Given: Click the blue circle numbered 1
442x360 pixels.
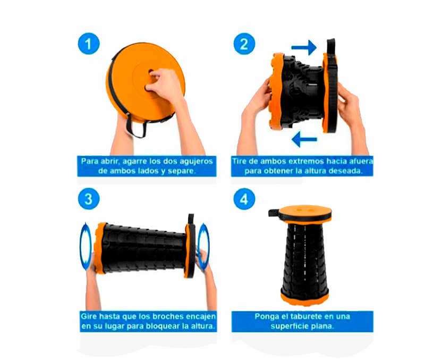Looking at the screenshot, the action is [x=89, y=44].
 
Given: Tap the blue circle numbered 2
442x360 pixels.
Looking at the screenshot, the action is [x=244, y=44].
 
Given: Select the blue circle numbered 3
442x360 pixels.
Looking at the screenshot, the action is [x=89, y=199].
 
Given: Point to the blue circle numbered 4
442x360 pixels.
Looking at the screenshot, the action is [x=244, y=199].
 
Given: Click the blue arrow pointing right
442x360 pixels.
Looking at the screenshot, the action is [x=304, y=47].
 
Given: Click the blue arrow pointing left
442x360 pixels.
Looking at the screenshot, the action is [x=304, y=139].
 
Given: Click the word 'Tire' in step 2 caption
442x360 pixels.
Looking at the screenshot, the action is [x=239, y=161].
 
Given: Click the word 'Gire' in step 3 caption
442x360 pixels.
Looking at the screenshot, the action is [x=88, y=316].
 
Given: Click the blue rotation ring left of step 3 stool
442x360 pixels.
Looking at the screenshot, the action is [x=86, y=246].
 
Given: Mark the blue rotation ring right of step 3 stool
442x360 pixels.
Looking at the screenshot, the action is [x=203, y=246].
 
